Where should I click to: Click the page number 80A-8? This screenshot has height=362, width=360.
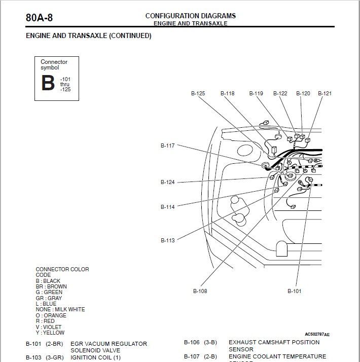coord(39,18)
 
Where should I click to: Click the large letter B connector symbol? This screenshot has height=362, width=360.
coord(48,83)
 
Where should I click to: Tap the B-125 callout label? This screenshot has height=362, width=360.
coord(198,93)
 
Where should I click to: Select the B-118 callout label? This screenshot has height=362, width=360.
coord(228,93)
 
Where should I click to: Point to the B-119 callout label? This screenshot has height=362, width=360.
coord(256,93)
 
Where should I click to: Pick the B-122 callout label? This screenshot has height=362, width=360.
coord(280,93)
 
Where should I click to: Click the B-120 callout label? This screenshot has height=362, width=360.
coord(303,93)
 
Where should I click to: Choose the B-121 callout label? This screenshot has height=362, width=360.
coord(325,93)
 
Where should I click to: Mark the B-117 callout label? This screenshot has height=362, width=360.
coord(168,146)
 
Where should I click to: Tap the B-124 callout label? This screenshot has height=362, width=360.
coord(168,182)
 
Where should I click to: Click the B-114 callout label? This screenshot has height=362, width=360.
coord(168,207)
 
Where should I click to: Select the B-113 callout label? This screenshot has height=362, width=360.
coord(168,240)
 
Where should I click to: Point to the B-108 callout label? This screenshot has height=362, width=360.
coord(200,291)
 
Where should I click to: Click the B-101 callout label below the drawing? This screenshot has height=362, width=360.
coord(295,291)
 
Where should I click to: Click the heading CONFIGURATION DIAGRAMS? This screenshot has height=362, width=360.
coord(190,16)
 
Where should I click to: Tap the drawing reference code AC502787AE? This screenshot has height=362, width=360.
coord(317,335)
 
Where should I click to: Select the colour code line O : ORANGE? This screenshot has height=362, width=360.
coord(51,315)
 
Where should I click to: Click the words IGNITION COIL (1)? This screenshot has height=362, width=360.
coord(96,357)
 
